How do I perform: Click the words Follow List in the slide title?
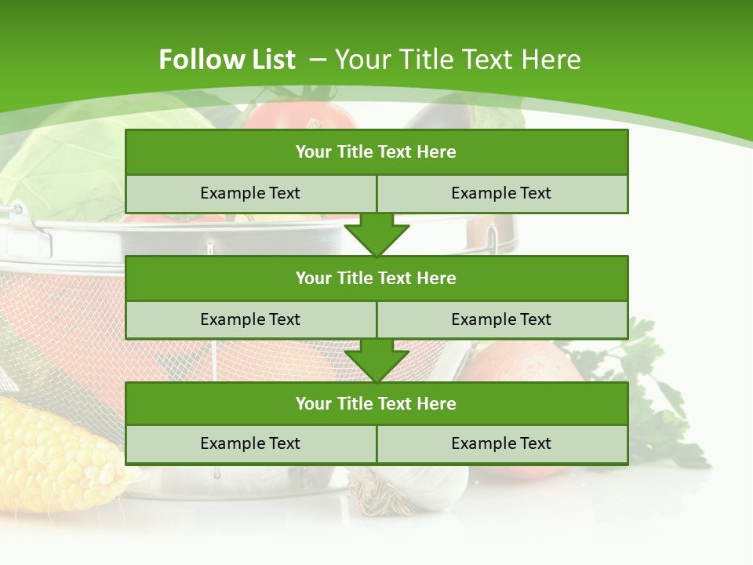227,60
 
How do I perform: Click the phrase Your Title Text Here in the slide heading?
457,60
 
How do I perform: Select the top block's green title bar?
376,152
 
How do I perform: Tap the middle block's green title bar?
376,278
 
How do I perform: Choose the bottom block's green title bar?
376,403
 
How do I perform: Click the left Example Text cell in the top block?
250,193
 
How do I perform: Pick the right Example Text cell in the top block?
501,193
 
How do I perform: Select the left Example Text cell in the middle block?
250,319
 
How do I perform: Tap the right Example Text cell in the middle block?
501,319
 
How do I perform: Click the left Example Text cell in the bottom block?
250,443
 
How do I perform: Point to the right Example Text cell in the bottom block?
501,443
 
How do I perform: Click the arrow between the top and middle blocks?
376,235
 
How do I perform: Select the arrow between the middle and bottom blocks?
376,360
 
